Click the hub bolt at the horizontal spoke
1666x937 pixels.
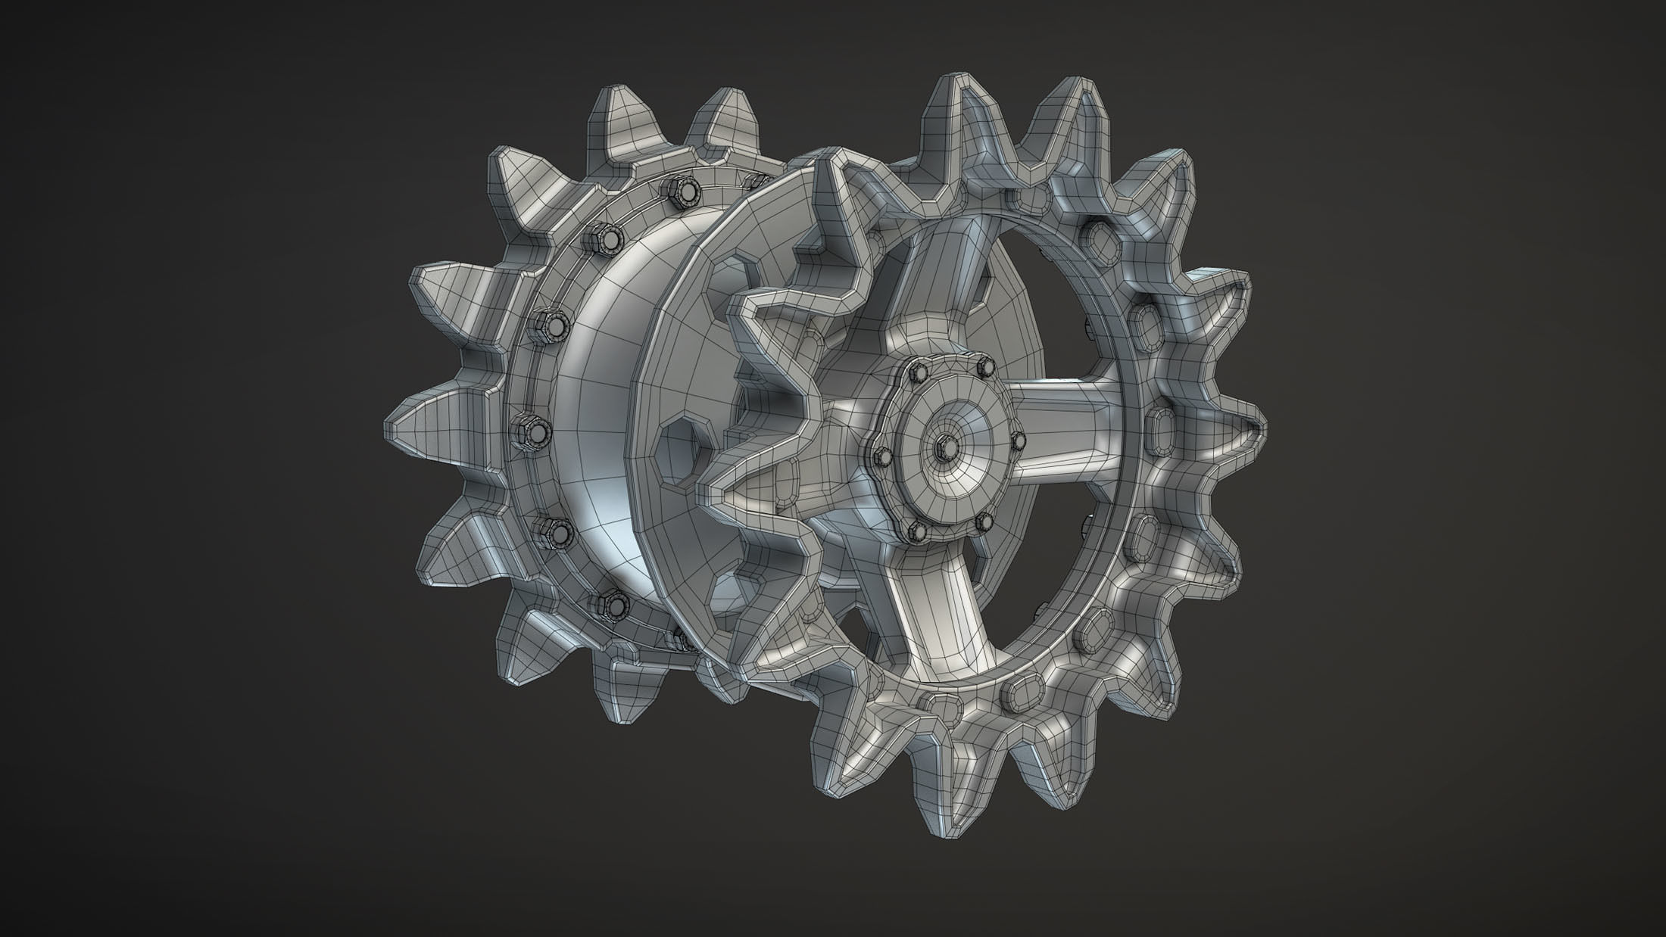pyautogui.click(x=1017, y=439)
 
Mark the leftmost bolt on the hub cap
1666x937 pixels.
pyautogui.click(x=882, y=455)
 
